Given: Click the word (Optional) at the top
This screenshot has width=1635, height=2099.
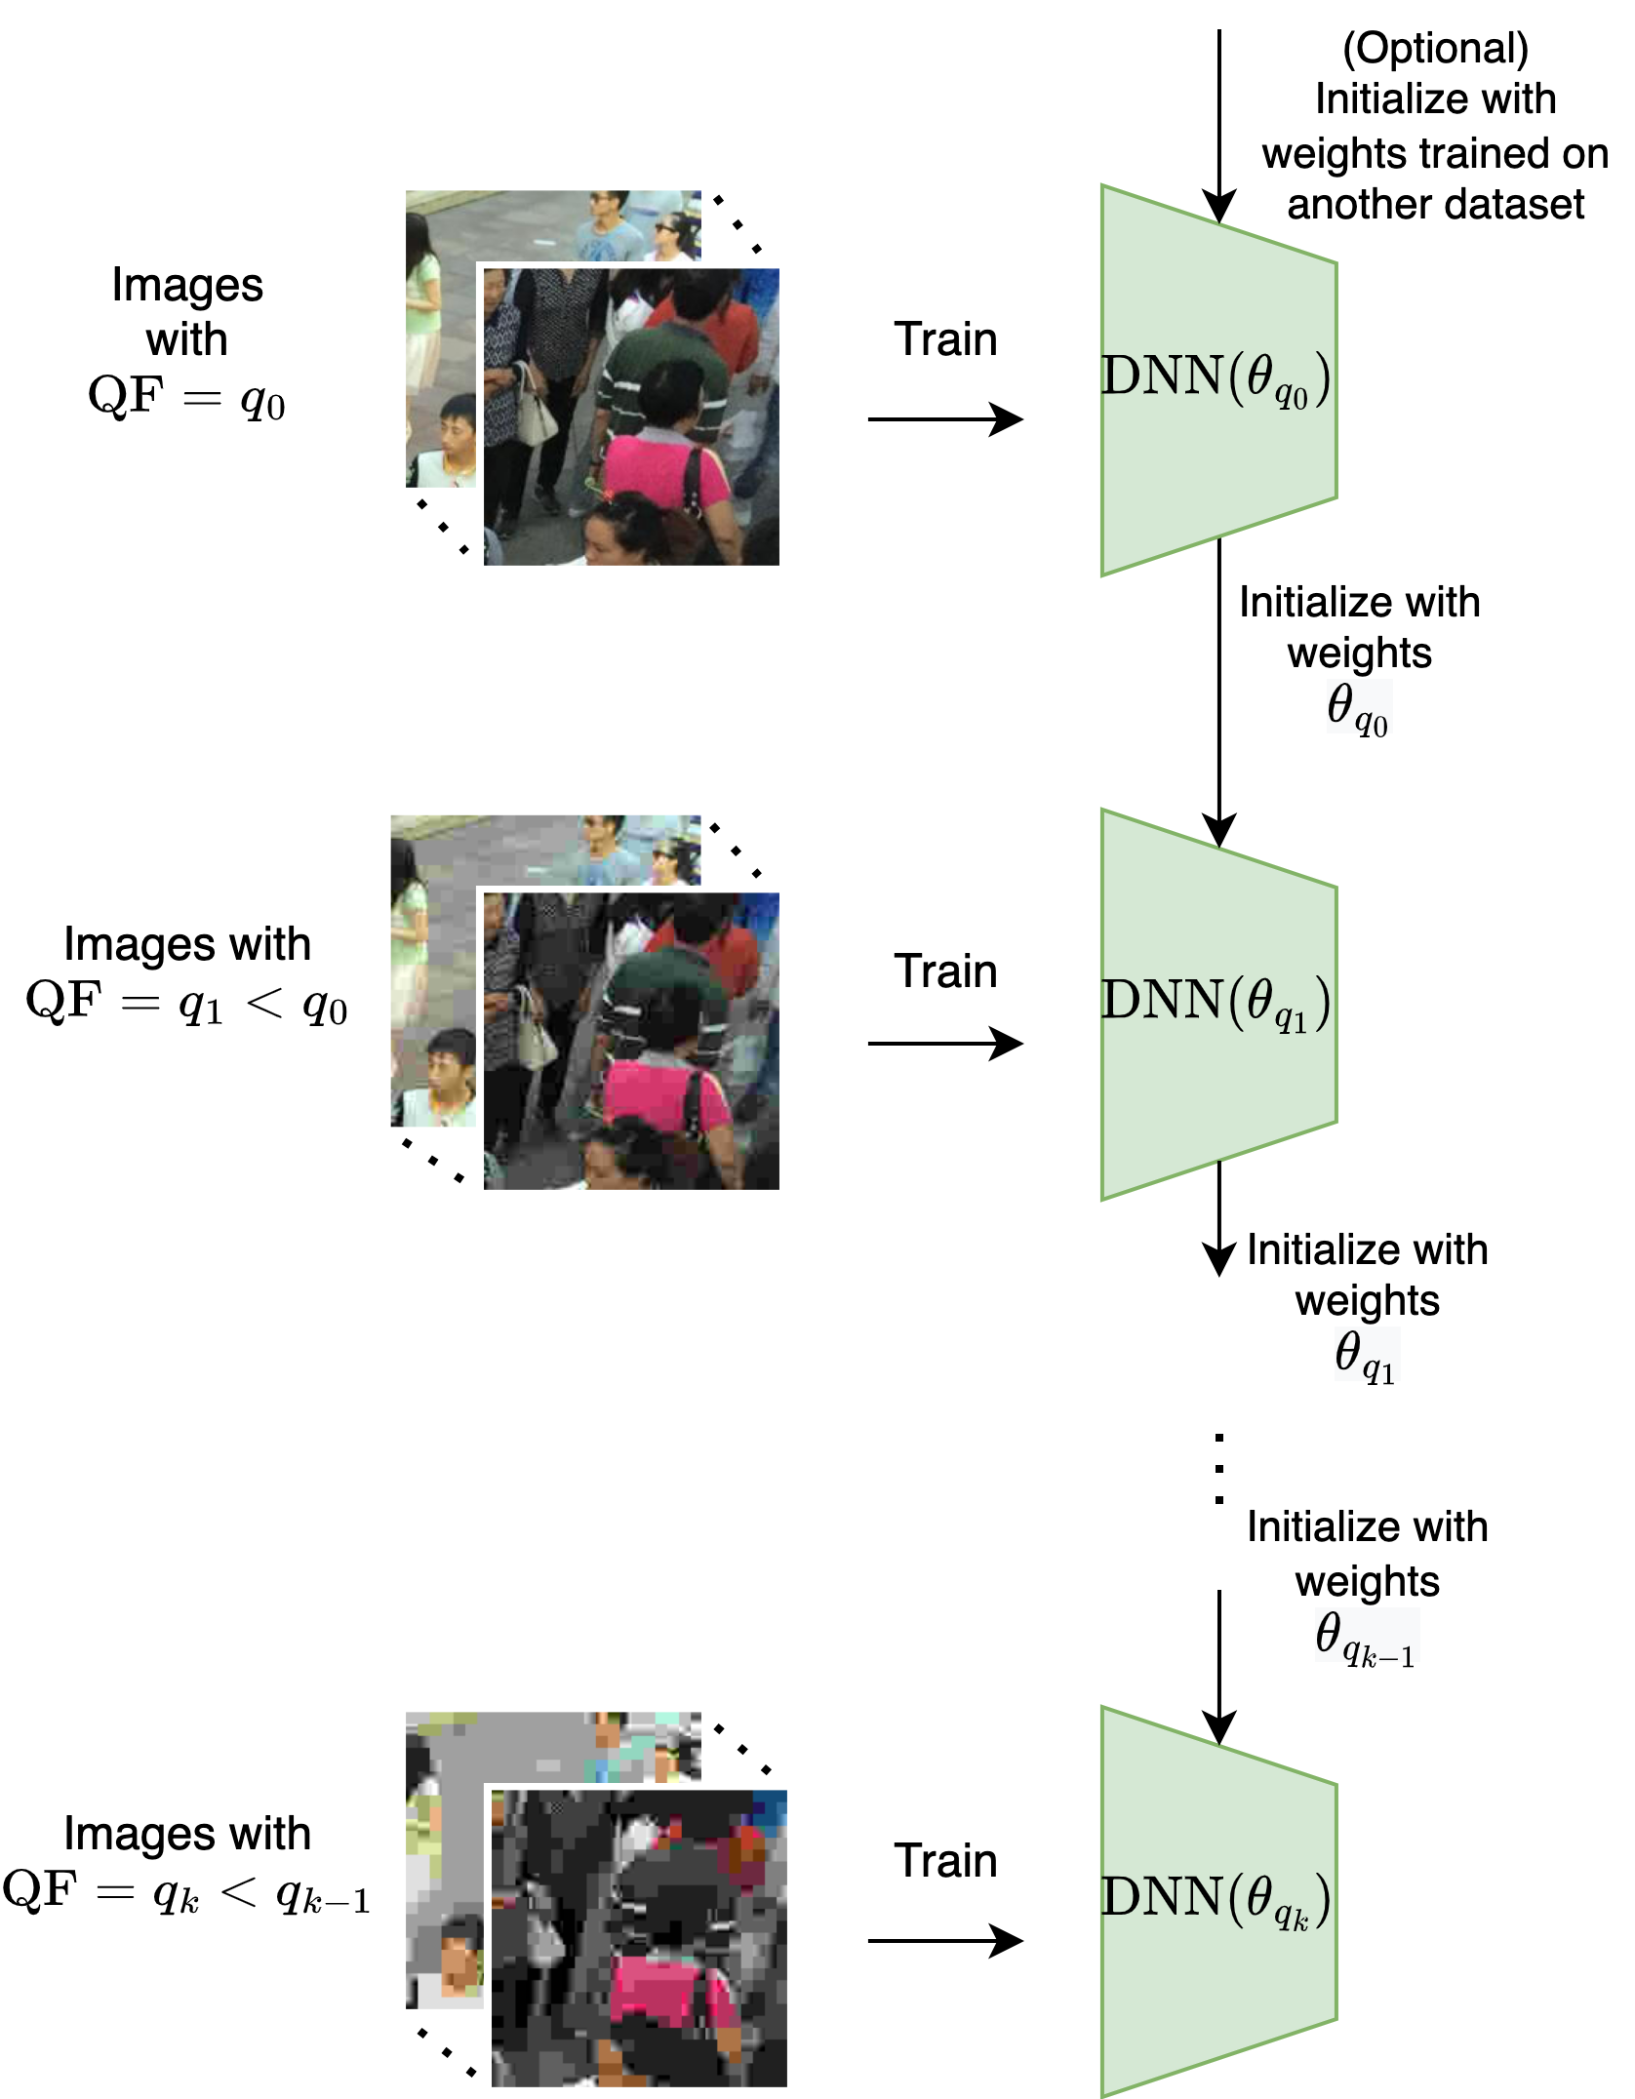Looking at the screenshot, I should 1435,49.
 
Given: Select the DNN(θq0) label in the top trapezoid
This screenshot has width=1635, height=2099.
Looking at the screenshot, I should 1216,378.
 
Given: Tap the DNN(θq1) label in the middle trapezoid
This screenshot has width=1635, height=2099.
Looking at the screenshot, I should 1216,1003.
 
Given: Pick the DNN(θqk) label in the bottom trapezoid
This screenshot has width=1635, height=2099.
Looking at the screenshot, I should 1216,1900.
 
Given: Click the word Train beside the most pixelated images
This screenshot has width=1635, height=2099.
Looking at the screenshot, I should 945,1861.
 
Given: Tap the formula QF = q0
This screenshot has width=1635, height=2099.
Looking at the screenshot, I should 186,397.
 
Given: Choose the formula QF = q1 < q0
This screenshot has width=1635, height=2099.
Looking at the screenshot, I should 186,1003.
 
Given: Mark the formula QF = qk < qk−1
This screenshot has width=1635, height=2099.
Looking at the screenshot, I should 186,1892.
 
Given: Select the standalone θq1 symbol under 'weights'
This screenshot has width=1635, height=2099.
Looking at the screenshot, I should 1365,1357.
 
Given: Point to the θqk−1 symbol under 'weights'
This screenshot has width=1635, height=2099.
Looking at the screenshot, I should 1365,1638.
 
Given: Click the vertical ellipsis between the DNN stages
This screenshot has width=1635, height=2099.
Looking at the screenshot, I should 1218,1469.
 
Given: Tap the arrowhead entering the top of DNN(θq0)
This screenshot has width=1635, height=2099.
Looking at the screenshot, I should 1218,207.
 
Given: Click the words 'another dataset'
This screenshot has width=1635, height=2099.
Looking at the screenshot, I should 1435,205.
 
